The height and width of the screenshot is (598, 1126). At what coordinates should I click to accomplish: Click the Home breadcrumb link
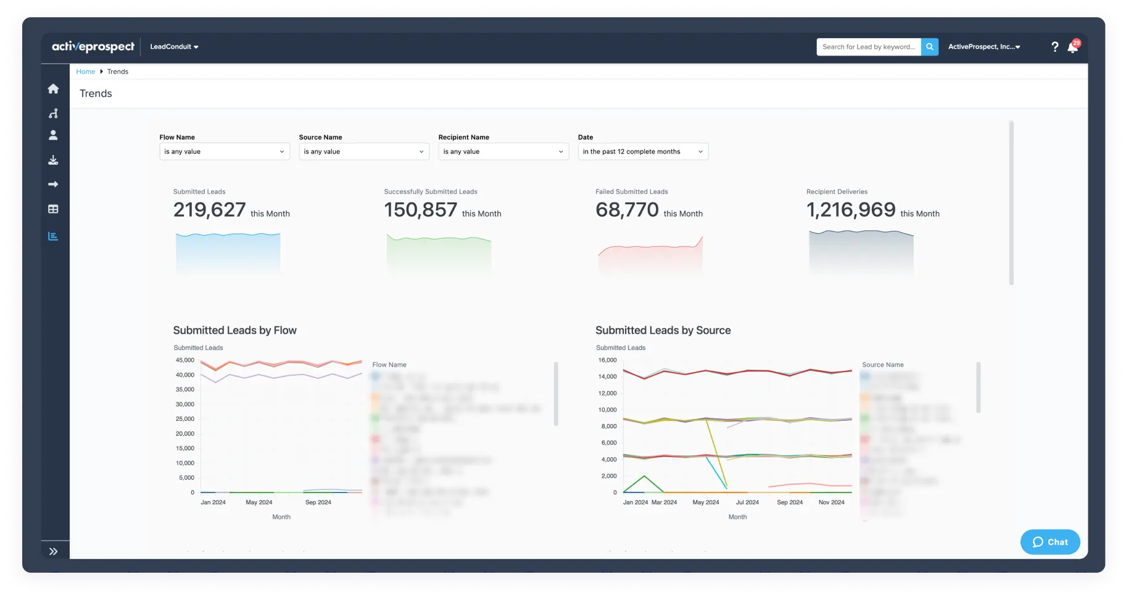85,72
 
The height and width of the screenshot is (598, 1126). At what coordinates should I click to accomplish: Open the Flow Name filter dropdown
224,152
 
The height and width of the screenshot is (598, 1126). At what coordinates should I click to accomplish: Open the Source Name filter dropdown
363,152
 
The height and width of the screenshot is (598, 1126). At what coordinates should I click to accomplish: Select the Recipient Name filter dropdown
503,152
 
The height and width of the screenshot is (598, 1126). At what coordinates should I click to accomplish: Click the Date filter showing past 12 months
642,152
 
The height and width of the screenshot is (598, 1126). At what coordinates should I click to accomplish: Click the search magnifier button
929,47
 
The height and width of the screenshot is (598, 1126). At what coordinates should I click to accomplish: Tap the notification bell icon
1072,48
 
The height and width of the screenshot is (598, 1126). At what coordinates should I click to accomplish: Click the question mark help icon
1054,47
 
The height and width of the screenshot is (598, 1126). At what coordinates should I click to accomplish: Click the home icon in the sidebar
54,89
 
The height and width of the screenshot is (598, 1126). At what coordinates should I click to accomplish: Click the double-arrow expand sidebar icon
54,552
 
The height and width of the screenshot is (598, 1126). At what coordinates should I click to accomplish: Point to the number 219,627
209,210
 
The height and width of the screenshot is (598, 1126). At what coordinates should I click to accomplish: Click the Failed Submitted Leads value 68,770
627,210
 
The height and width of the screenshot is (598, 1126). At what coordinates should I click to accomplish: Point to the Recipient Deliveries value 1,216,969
851,210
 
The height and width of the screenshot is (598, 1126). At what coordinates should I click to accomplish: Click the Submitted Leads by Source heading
663,331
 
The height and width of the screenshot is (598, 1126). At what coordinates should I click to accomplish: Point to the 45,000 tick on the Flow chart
184,360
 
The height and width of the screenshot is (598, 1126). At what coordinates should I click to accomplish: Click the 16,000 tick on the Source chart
607,360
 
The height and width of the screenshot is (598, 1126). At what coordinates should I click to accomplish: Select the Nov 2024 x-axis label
831,502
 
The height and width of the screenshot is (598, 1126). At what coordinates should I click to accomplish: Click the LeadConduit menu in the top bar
174,47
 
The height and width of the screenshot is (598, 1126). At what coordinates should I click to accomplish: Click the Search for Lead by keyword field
868,47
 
